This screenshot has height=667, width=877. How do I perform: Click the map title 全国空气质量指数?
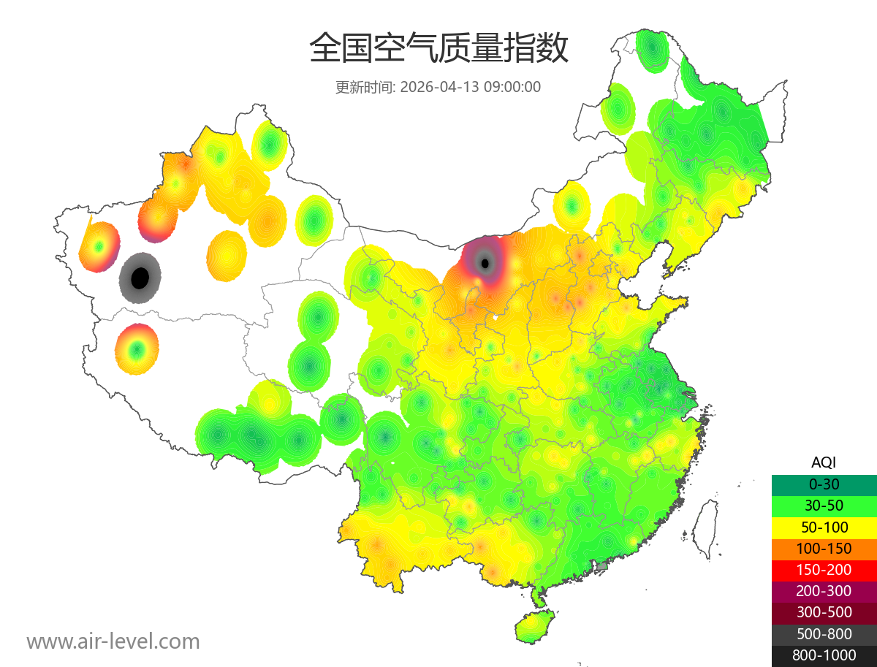point(438,49)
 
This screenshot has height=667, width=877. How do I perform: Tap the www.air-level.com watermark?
point(113,641)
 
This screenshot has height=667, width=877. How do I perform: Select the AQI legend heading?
point(824,462)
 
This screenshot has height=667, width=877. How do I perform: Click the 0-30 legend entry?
point(824,484)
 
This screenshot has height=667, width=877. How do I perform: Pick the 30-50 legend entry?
point(824,506)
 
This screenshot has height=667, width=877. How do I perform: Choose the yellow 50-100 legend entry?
point(824,527)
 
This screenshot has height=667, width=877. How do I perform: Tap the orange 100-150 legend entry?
point(824,548)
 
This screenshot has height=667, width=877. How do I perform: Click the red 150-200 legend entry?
point(824,570)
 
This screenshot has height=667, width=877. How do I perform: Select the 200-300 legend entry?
point(824,591)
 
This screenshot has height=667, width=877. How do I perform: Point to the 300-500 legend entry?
point(824,612)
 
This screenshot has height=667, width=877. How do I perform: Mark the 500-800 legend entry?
point(824,634)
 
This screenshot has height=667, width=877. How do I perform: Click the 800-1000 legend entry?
point(824,655)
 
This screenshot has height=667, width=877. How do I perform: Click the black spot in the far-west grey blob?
point(140,278)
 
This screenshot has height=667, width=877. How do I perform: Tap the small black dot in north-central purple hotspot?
point(485,263)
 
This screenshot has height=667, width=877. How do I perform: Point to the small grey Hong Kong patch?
point(602,566)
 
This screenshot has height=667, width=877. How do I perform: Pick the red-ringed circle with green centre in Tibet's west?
point(136,349)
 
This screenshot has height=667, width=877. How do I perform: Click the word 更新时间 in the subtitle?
point(364,87)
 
